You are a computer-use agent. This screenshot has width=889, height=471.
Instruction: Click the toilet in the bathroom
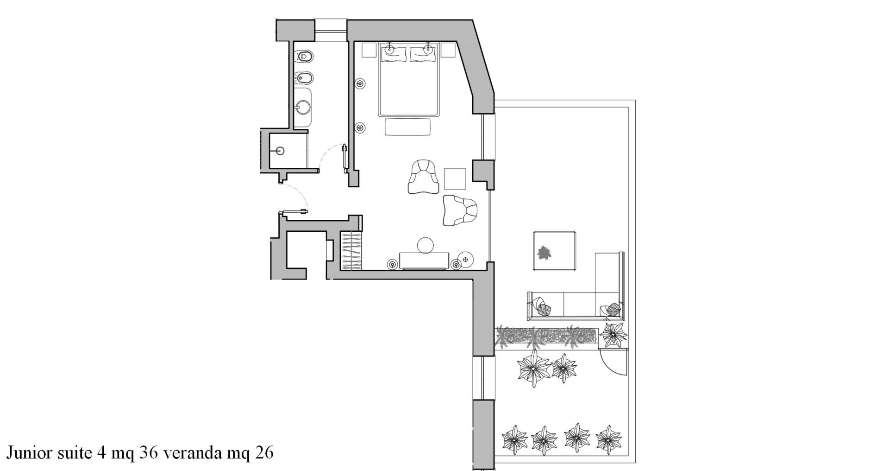[303, 57]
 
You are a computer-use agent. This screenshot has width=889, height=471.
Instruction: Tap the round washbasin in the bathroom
[303, 108]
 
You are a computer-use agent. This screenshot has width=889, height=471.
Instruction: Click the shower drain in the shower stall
[280, 150]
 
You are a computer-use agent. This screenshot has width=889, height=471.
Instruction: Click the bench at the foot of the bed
[407, 127]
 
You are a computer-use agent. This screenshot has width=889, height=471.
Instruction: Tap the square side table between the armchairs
[455, 178]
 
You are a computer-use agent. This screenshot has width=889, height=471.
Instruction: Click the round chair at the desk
[426, 245]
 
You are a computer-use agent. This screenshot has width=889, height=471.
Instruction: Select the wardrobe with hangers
[352, 249]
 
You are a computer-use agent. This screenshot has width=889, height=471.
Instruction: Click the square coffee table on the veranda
[555, 251]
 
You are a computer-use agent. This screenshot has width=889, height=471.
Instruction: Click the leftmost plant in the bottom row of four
[514, 438]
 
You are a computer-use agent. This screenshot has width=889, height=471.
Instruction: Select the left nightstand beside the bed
[369, 50]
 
